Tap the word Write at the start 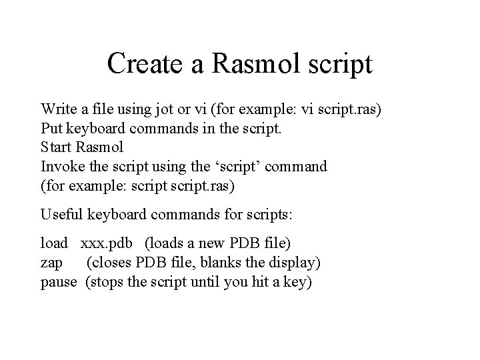pyautogui.click(x=58, y=109)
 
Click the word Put pyautogui.click(x=51, y=127)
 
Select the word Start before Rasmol pyautogui.click(x=57, y=146)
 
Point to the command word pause pyautogui.click(x=59, y=282)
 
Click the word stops pyautogui.click(x=108, y=282)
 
